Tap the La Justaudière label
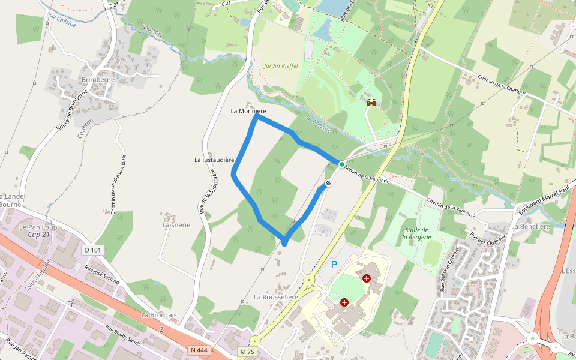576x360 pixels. pyautogui.click(x=214, y=160)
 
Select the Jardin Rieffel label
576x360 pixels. pyautogui.click(x=280, y=65)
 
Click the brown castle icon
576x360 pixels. pyautogui.click(x=371, y=103)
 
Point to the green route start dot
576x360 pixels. pyautogui.click(x=341, y=164)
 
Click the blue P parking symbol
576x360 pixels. pyautogui.click(x=334, y=265)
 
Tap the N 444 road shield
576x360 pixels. pyautogui.click(x=199, y=350)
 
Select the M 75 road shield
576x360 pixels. pyautogui.click(x=247, y=351)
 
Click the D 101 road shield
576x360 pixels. pyautogui.click(x=93, y=250)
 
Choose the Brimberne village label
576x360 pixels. pyautogui.click(x=97, y=79)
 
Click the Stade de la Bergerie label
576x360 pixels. pyautogui.click(x=415, y=233)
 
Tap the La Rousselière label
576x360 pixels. pyautogui.click(x=276, y=297)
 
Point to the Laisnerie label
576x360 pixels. pyautogui.click(x=176, y=225)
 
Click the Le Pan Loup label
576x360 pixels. pyautogui.click(x=37, y=227)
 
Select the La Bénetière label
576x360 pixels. pyautogui.click(x=531, y=226)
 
